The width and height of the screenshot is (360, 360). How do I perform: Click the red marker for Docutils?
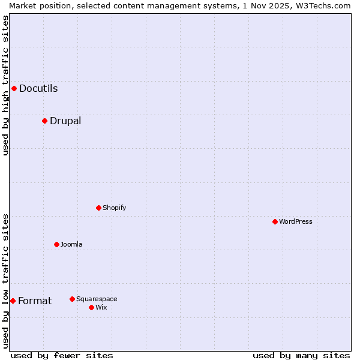coord(14,89)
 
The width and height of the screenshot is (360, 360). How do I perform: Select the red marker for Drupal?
coord(44,121)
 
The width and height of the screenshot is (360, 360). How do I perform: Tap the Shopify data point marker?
coord(98,208)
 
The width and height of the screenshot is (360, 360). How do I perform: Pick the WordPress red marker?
coord(275,221)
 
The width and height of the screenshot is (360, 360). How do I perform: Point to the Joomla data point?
coord(56,244)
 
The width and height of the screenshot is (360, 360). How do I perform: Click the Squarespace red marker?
coord(72,299)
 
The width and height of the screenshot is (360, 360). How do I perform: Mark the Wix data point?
coord(91,307)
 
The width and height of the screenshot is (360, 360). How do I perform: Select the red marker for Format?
coord(13,301)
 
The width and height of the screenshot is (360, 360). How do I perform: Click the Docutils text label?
coord(38,89)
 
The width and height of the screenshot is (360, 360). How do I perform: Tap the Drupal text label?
coord(65,121)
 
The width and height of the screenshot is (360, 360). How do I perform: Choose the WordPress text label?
coord(296,221)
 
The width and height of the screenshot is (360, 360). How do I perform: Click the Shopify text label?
coord(114,208)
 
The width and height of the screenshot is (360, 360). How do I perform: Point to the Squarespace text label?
coord(97,299)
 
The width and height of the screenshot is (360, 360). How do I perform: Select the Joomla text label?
coord(71,244)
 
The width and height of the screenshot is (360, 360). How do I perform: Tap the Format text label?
coord(35,301)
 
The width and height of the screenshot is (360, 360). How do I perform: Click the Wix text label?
coord(101,307)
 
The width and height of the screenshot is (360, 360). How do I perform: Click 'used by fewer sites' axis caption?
coord(62,355)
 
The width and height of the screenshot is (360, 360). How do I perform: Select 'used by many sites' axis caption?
coord(301,355)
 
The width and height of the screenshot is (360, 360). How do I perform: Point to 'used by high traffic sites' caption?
coord(5,85)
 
